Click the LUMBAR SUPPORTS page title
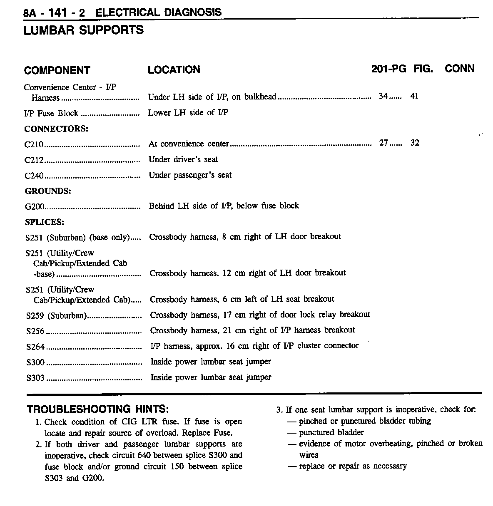tap(84, 30)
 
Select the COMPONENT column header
tap(57, 70)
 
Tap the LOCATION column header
tap(174, 70)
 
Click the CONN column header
tap(460, 69)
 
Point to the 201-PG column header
tap(388, 69)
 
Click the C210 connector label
tap(34, 144)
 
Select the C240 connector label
tap(34, 176)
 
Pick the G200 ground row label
tap(35, 206)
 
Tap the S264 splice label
tap(35, 347)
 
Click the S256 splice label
tap(35, 331)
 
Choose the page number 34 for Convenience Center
tap(383, 96)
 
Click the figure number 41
tap(414, 96)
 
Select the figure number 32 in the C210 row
tap(415, 143)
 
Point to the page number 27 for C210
tap(383, 143)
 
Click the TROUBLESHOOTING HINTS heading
tap(98, 409)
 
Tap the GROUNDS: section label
tap(48, 191)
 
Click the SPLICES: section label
tap(45, 222)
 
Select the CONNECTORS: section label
tap(56, 129)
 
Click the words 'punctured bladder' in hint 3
tap(331, 432)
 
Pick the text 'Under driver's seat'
tap(183, 159)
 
